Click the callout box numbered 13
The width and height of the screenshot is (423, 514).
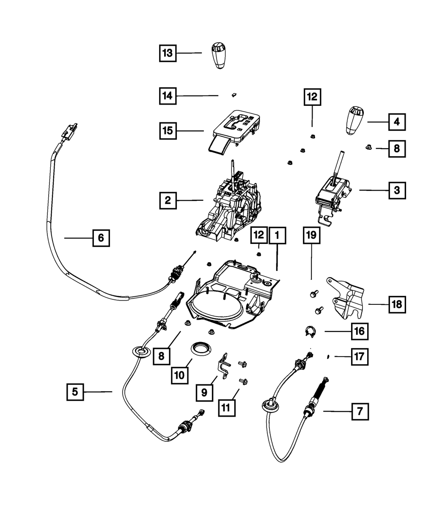[168, 53]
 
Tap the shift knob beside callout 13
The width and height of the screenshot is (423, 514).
[220, 55]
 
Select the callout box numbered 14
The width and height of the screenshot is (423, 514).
[168, 96]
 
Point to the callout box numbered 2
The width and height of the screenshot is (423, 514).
[168, 200]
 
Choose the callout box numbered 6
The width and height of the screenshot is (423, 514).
[101, 238]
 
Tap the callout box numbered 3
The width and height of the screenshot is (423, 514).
[397, 191]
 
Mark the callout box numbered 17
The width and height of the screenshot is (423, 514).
[359, 356]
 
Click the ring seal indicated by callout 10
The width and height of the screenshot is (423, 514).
[201, 348]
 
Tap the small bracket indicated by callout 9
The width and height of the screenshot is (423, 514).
[223, 365]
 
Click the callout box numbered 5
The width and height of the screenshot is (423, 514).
[75, 392]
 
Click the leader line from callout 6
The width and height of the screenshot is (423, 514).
[78, 238]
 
